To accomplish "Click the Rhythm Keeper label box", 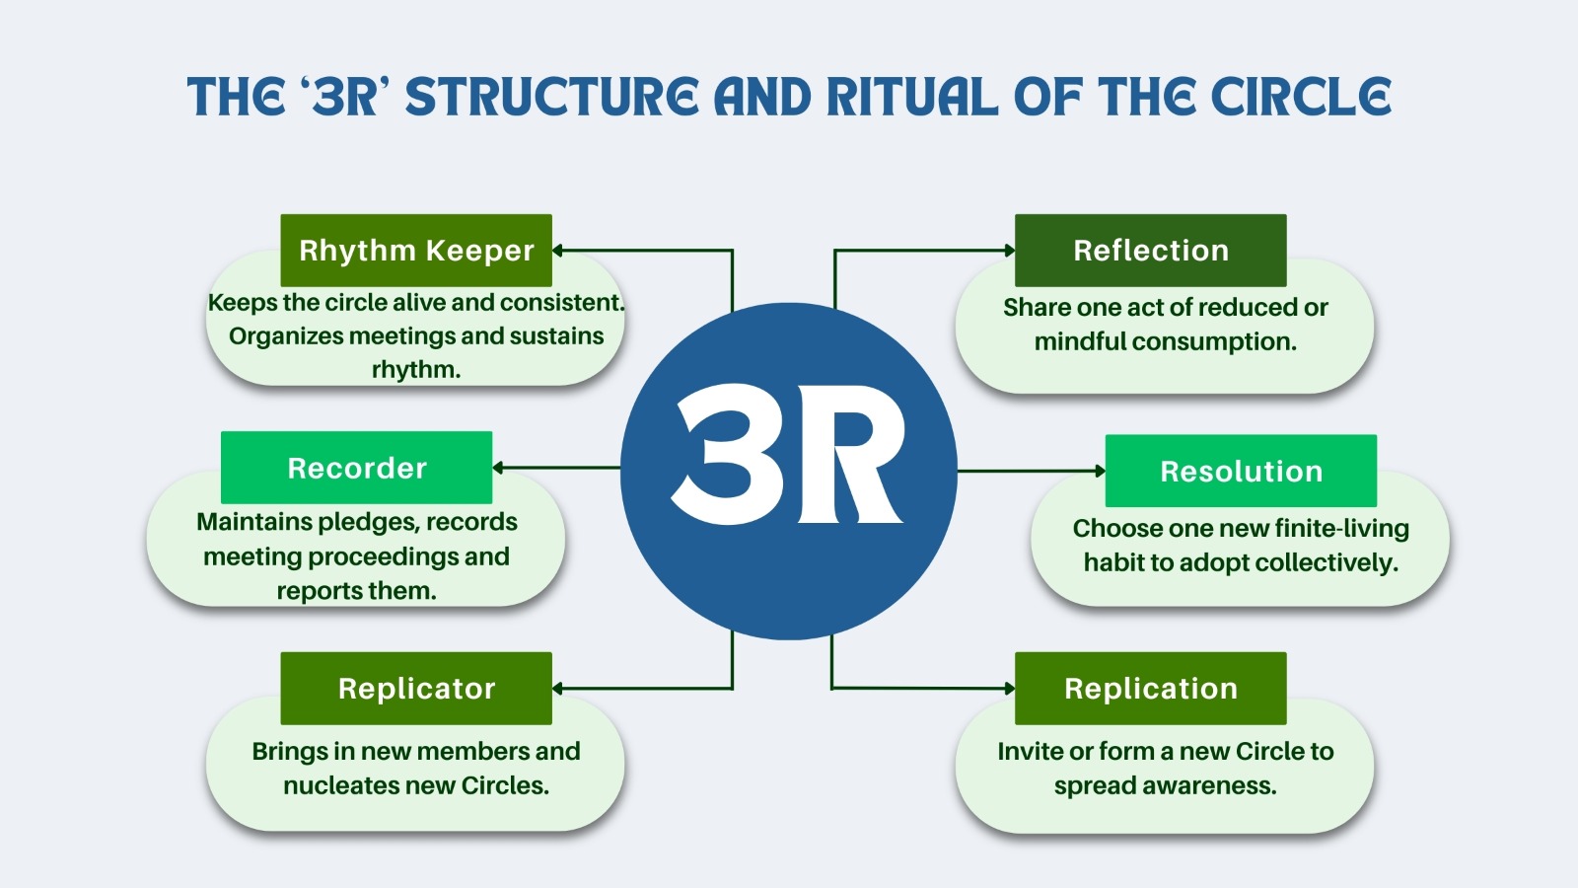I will click(x=416, y=251).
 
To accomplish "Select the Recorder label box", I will click(x=356, y=468).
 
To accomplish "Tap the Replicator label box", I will click(x=416, y=689).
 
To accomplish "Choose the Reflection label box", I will click(x=1151, y=251).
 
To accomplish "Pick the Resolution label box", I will click(x=1241, y=472).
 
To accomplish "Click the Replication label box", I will click(x=1151, y=689).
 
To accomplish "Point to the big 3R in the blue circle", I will click(x=788, y=454).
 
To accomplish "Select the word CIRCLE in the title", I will click(x=1301, y=98).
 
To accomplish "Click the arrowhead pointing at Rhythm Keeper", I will click(x=558, y=251).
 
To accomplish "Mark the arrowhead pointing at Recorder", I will click(x=498, y=468).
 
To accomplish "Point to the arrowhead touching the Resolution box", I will click(x=1100, y=472).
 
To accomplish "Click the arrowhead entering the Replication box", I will click(x=1009, y=689).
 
